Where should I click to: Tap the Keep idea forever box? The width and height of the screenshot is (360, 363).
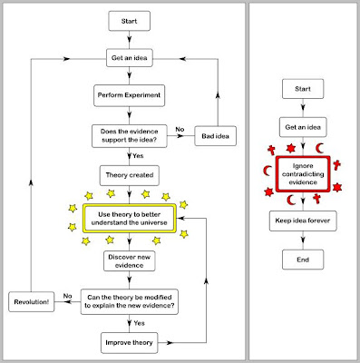pos(304,221)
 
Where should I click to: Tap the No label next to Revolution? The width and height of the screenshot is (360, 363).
pos(67,294)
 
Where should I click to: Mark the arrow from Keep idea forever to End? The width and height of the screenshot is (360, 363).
pos(304,241)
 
